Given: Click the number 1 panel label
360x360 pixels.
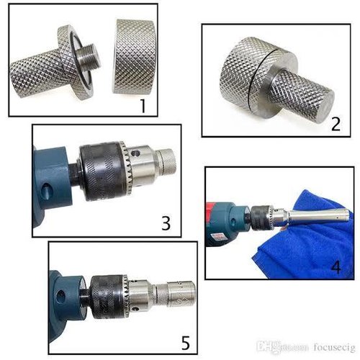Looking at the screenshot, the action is [143, 106].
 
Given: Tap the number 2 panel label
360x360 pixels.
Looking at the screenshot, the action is [336, 124].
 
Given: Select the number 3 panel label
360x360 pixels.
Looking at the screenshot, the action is [166, 223].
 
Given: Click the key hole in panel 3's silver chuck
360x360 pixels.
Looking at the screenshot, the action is [137, 153].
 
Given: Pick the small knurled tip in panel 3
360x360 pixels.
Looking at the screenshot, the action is [167, 160].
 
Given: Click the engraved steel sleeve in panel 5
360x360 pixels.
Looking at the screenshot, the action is [181, 294].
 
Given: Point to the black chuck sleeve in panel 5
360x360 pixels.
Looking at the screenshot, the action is [107, 297].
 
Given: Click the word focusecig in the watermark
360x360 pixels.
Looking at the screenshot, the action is [334, 347].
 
